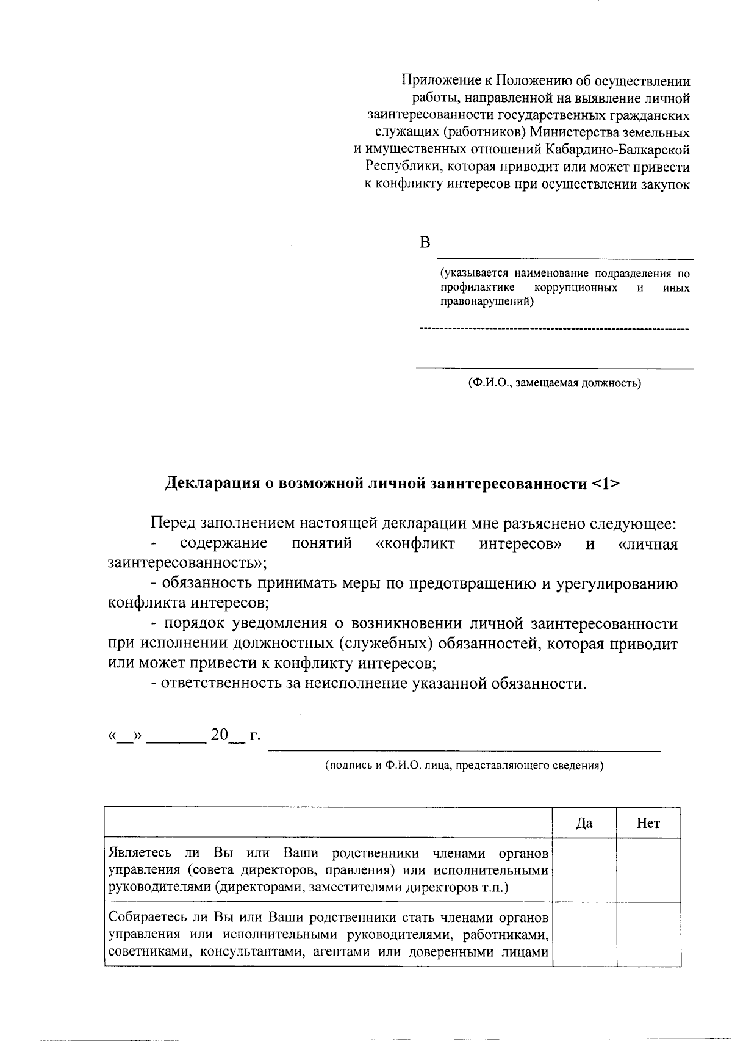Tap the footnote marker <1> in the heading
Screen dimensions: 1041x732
(605, 484)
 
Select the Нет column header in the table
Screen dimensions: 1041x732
(648, 824)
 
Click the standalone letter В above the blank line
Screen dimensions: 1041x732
(425, 243)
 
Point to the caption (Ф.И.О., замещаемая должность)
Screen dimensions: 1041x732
(554, 383)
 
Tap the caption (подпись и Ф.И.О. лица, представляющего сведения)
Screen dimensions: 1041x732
(464, 765)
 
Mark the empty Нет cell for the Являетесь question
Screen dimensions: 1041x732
(648, 869)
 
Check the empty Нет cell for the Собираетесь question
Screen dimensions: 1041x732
(648, 934)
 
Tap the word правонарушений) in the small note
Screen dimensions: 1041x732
(486, 301)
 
